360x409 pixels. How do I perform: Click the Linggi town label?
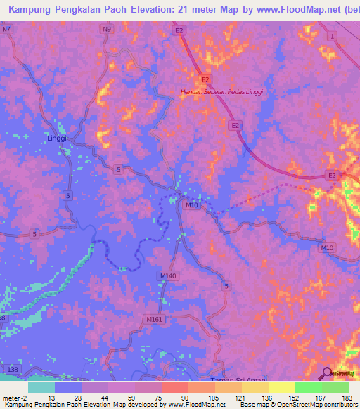pos(56,138)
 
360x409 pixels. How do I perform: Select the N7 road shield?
pos(7,30)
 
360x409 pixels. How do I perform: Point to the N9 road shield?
pos(107,30)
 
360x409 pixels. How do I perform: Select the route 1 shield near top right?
pos(331,35)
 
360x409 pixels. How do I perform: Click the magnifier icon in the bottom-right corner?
pos(327,373)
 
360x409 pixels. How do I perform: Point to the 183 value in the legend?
pos(347,397)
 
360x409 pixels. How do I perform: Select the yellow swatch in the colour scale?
pos(282,387)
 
